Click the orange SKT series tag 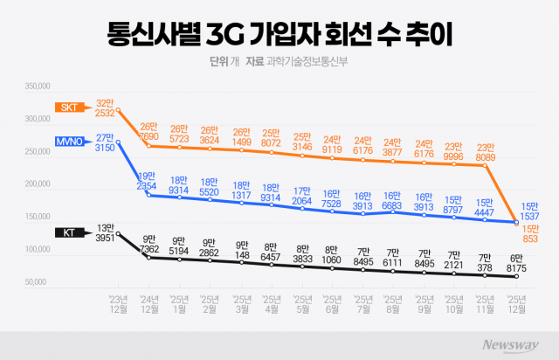pos(69,107)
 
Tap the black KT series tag pos(69,232)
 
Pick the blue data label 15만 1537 pos(530,210)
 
